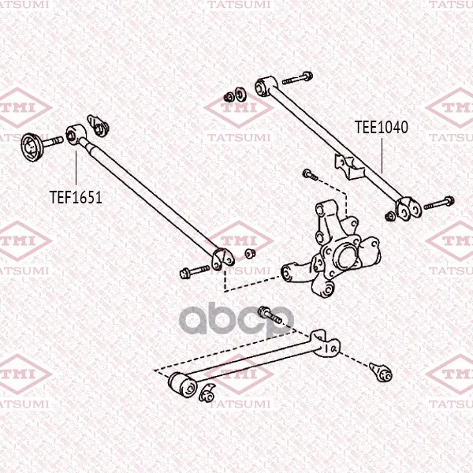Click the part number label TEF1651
(x=76, y=197)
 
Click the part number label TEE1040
(x=382, y=127)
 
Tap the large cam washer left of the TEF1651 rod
(x=32, y=147)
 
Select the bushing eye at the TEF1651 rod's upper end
(x=76, y=134)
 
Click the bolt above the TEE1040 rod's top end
(x=297, y=78)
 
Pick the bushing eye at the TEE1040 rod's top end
(x=266, y=87)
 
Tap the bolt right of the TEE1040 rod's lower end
(x=439, y=203)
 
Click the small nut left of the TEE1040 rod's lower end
(x=390, y=216)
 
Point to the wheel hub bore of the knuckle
(x=345, y=257)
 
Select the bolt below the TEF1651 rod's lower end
(x=195, y=271)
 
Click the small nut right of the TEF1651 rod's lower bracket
(x=250, y=253)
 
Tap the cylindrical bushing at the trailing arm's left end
(x=182, y=385)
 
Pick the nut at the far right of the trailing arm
(x=382, y=372)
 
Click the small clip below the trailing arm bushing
(x=207, y=393)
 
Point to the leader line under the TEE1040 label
(x=382, y=155)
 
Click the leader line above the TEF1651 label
(x=76, y=168)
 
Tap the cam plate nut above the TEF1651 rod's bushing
(x=98, y=125)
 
